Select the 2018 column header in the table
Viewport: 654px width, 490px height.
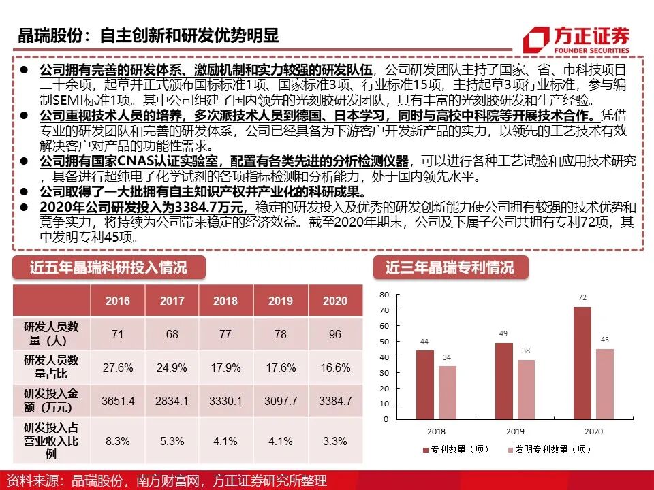tap(225, 301)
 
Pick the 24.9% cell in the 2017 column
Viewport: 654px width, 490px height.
tap(172, 367)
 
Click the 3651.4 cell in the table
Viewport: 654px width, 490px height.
tap(118, 402)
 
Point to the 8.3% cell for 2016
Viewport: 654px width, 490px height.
tap(118, 441)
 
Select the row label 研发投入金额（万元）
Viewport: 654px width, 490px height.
tap(51, 402)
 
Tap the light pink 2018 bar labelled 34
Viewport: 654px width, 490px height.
tap(448, 393)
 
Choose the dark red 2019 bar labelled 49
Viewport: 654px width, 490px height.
tap(504, 380)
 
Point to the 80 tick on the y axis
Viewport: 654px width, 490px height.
tap(384, 295)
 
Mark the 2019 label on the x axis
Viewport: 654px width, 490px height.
tap(514, 431)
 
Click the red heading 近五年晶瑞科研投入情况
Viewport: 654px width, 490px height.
tap(108, 267)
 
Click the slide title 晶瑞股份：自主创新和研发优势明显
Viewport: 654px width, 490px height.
tap(149, 35)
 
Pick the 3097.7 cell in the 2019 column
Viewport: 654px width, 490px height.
tap(281, 402)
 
